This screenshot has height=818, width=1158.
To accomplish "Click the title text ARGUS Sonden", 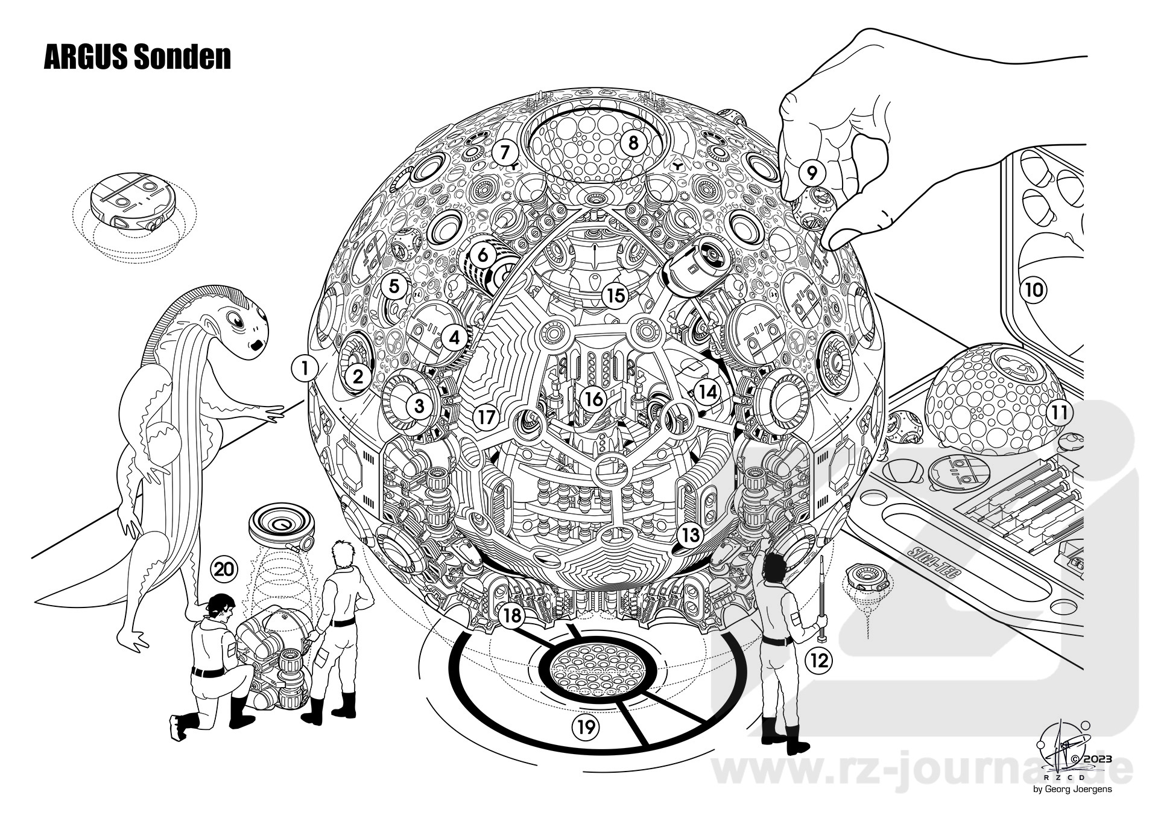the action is click(138, 57).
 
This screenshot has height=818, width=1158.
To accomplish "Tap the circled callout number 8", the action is click(633, 142).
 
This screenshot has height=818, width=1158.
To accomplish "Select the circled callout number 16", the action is click(594, 399).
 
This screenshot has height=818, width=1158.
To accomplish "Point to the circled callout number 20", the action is click(224, 568).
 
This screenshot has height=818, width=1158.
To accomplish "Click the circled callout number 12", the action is click(818, 661).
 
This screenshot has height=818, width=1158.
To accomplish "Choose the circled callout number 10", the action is click(1034, 290).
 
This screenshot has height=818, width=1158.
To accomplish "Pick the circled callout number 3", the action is click(420, 407).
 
